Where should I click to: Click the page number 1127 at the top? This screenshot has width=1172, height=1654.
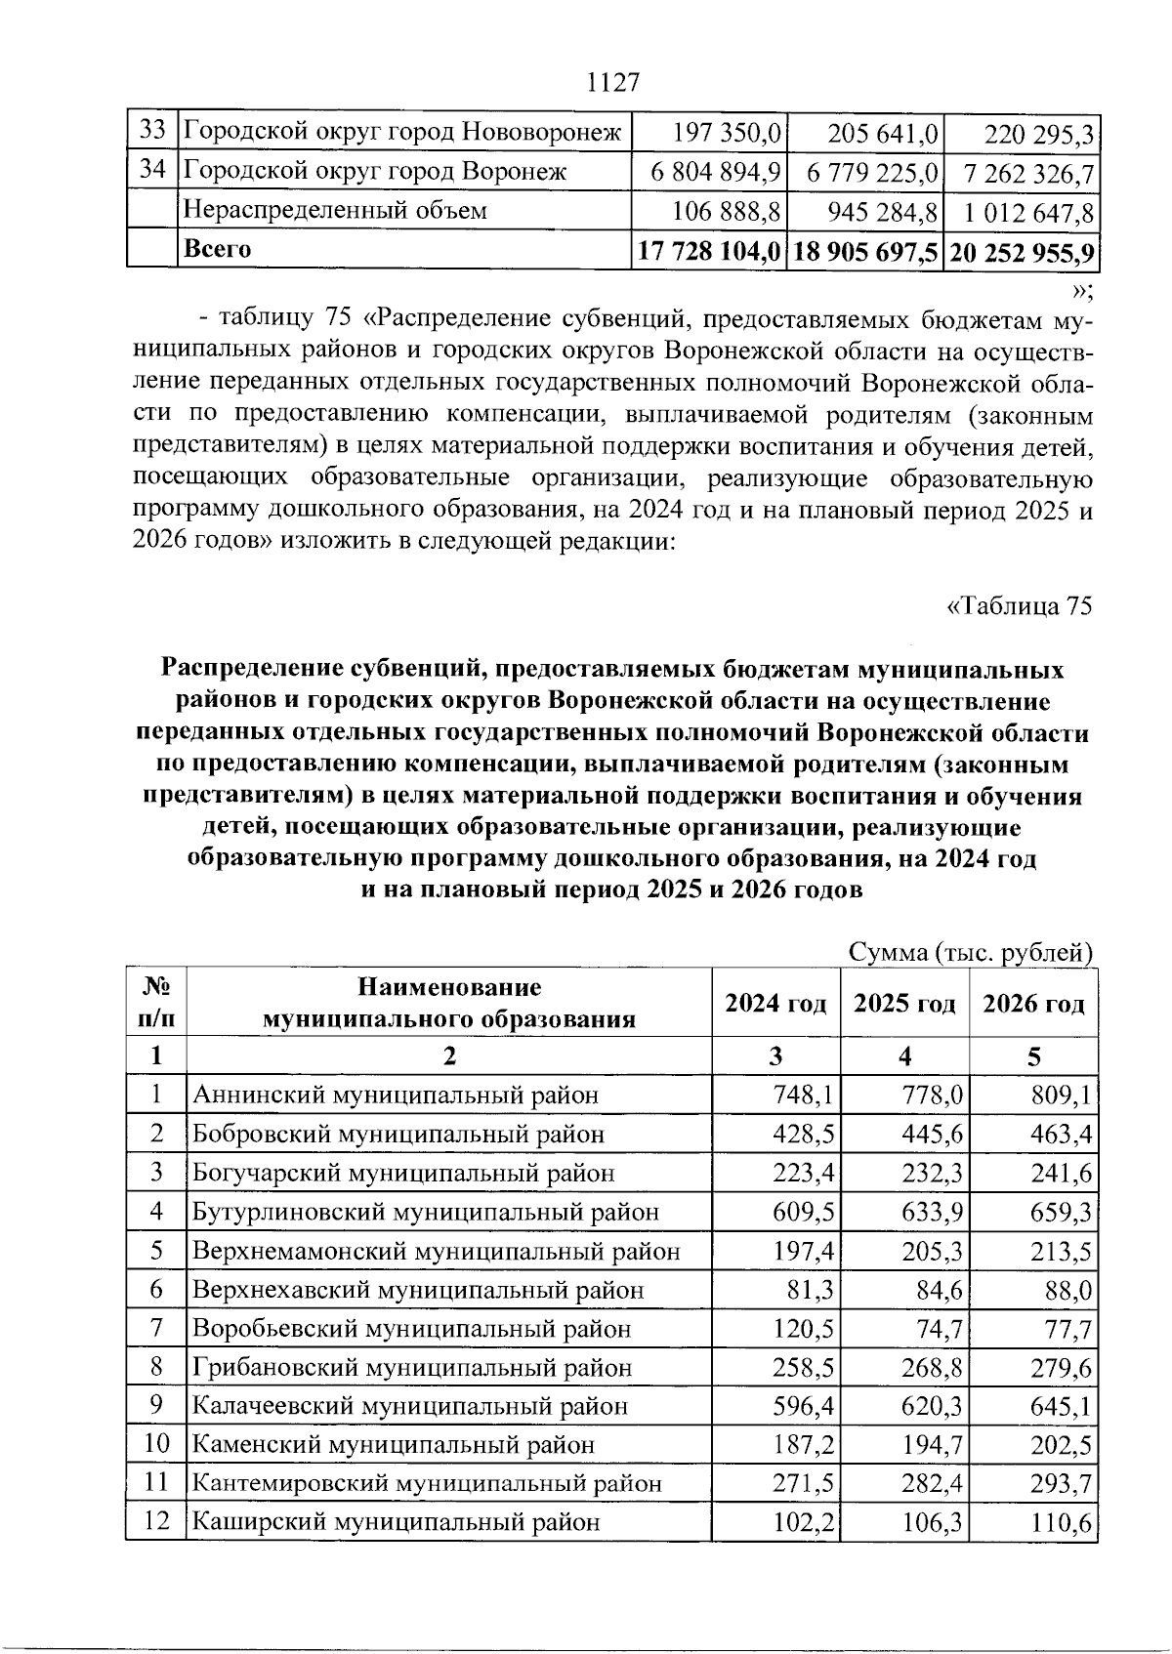612,82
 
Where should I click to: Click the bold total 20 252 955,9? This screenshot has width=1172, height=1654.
1021,251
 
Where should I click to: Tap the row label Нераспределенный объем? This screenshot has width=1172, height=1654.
335,211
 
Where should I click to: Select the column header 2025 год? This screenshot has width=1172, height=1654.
904,1004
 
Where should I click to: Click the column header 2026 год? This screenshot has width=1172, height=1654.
1033,1004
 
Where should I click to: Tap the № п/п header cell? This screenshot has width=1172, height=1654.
156,1004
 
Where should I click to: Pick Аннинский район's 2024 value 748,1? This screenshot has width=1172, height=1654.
803,1095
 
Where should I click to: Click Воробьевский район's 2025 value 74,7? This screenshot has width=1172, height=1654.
932,1329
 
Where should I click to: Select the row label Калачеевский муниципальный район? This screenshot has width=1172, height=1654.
410,1407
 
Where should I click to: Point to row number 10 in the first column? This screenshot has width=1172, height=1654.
156,1444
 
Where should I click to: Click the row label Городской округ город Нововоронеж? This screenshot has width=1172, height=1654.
402,131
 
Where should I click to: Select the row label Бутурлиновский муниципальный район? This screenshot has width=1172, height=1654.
426,1212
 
